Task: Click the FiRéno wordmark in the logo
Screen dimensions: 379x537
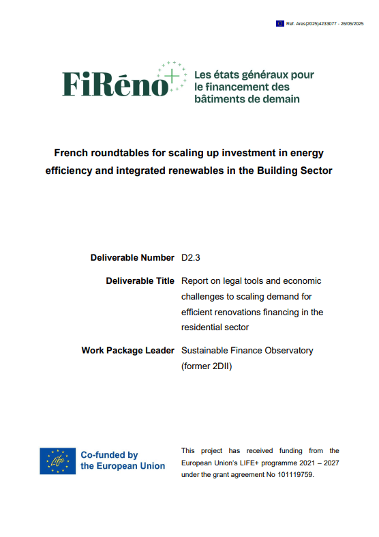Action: [116, 84]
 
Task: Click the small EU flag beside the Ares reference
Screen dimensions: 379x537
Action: [279, 23]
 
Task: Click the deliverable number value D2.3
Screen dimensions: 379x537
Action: [192, 258]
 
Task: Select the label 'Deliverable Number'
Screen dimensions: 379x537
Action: [132, 258]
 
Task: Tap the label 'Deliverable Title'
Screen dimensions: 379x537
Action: [140, 280]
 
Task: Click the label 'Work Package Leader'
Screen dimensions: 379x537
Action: [127, 350]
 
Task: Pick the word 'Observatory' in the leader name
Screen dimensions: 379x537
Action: [288, 350]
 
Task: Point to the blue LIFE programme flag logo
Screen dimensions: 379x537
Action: [57, 461]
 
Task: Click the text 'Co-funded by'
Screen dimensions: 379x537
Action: [109, 455]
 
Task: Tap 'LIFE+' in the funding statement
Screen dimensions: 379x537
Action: [263, 463]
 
